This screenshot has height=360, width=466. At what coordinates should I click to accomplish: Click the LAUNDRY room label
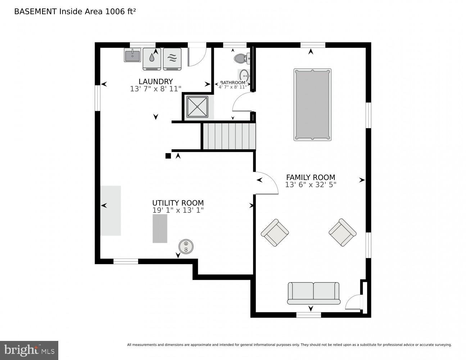[x=155, y=81]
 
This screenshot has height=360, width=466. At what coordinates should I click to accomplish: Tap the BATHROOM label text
[x=233, y=82]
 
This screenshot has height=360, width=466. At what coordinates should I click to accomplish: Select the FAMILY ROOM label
[x=311, y=177]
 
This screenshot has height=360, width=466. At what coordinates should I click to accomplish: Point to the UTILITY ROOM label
[x=178, y=203]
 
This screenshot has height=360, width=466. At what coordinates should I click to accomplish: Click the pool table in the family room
[x=312, y=105]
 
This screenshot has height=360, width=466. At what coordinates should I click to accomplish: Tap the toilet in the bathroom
[x=242, y=58]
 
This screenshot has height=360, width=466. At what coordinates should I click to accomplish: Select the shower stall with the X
[x=197, y=107]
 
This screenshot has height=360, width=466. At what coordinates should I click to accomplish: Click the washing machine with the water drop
[x=152, y=59]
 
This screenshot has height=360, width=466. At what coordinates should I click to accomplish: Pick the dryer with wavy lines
[x=172, y=59]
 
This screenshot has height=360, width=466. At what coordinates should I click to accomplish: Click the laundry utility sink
[x=132, y=55]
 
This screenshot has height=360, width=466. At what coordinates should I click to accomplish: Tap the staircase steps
[x=229, y=136]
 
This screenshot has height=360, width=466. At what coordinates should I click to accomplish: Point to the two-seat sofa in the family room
[x=313, y=293]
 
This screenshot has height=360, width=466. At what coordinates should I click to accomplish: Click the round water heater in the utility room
[x=186, y=247]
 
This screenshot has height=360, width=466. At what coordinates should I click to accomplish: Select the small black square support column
[x=168, y=156]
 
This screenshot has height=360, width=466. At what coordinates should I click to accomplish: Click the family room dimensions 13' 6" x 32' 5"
[x=311, y=185]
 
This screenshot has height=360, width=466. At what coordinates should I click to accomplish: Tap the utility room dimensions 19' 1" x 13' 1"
[x=178, y=210]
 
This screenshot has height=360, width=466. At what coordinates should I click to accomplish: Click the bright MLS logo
[x=29, y=350]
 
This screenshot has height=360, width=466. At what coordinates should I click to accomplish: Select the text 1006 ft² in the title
[x=120, y=12]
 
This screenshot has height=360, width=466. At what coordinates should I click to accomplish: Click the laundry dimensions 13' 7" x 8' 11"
[x=155, y=89]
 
